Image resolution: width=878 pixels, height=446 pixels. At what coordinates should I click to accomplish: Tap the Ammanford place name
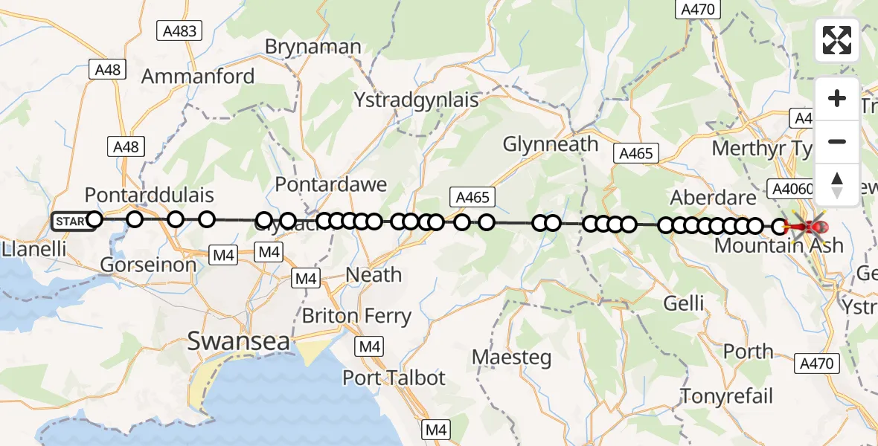click(198, 76)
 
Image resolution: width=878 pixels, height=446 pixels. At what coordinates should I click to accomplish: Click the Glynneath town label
click(551, 143)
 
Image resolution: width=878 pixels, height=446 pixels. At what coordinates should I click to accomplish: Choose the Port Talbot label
click(394, 378)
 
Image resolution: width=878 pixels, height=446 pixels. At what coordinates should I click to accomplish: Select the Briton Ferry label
click(356, 316)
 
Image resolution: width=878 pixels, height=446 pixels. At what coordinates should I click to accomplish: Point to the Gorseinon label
click(148, 264)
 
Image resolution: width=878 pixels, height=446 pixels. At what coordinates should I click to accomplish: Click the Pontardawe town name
click(331, 184)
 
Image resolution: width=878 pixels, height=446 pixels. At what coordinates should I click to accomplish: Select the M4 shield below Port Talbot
click(435, 429)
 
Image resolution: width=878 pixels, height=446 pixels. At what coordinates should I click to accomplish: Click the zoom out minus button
click(837, 141)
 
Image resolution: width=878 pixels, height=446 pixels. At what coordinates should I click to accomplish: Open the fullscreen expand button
click(837, 40)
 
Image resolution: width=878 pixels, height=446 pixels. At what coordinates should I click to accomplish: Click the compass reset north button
click(837, 184)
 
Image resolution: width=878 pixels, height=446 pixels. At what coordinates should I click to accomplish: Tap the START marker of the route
click(72, 221)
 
